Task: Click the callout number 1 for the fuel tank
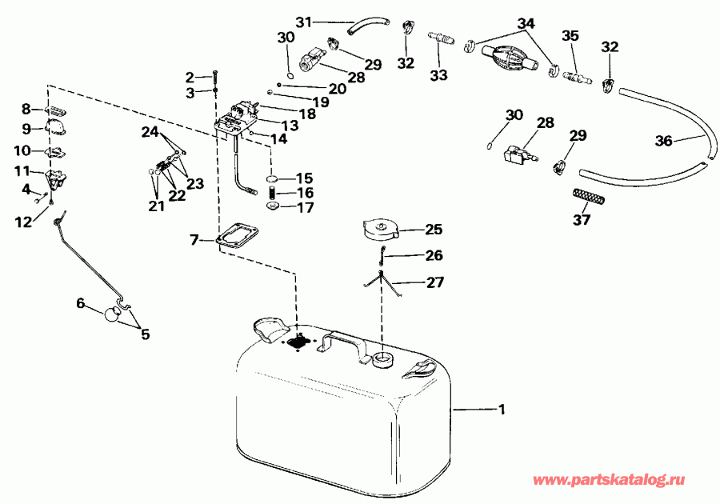click(502, 410)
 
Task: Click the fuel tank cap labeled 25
click(380, 230)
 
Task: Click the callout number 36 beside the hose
click(662, 141)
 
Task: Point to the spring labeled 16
click(272, 194)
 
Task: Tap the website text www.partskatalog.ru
click(609, 480)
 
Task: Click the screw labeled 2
click(215, 78)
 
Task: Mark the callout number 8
click(26, 109)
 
